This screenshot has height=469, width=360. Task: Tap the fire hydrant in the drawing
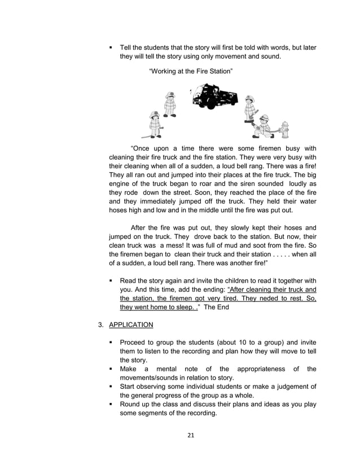[x=284, y=130]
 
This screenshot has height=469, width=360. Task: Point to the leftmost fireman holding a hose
[x=154, y=124]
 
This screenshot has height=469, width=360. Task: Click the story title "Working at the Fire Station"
[x=191, y=71]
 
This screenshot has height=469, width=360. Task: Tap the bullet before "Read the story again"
[x=112, y=280]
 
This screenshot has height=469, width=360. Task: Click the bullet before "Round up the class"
[x=112, y=404]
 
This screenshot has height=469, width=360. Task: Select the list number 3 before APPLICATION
[x=100, y=325]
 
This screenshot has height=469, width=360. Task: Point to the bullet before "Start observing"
[x=112, y=387]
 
